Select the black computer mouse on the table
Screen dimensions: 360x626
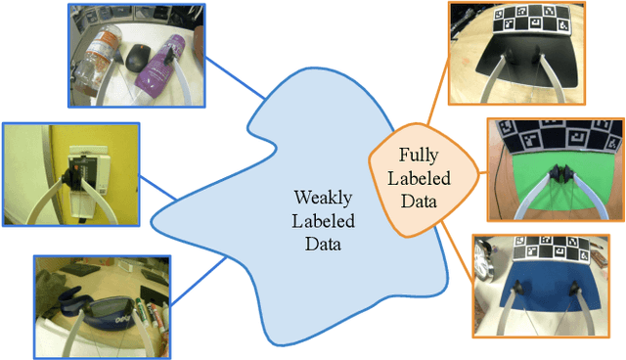coord(138,58)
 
